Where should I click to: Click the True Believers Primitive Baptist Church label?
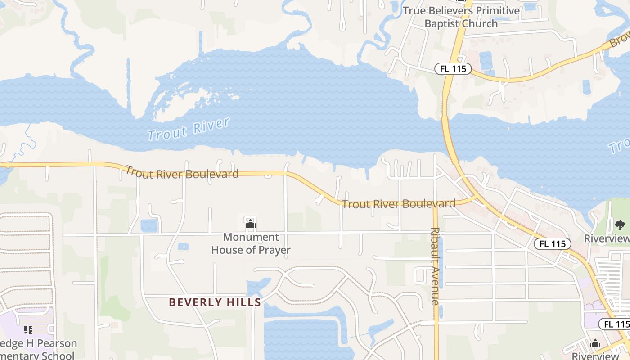[x=461, y=17]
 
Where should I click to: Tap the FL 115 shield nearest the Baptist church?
[x=453, y=69]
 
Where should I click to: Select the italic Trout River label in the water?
[x=189, y=129]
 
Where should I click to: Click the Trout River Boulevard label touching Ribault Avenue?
[x=399, y=204]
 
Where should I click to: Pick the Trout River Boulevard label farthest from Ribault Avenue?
[x=182, y=173]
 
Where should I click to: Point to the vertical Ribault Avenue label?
[x=435, y=265]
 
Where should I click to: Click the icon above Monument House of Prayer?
[x=251, y=223]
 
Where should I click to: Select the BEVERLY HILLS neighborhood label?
[x=215, y=302]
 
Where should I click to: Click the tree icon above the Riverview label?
[x=620, y=225]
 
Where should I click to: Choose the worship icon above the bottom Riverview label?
[x=595, y=344]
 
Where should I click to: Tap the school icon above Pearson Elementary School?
[x=28, y=330]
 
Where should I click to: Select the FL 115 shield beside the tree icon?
[x=552, y=244]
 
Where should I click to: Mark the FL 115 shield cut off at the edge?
[x=615, y=324]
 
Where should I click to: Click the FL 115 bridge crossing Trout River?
[x=448, y=135]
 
